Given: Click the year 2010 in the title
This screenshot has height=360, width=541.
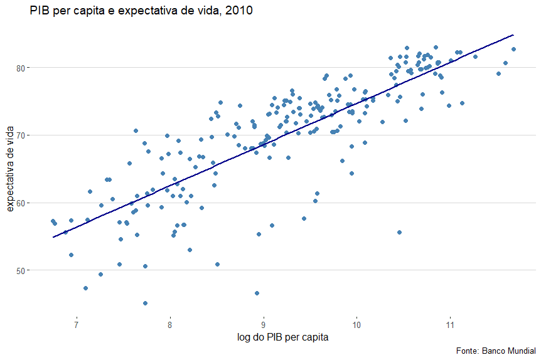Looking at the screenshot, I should [x=239, y=11].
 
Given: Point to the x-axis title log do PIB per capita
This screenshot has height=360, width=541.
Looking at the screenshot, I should [x=282, y=337].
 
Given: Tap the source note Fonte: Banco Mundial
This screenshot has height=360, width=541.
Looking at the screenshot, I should [x=495, y=350].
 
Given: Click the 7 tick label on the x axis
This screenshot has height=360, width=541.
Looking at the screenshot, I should [x=77, y=325].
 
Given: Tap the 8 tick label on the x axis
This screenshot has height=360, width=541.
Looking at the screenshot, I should [x=170, y=325].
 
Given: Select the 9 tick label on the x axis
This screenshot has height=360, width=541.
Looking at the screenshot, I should [x=264, y=325].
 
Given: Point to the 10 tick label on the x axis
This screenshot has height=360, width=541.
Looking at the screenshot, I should [x=356, y=325].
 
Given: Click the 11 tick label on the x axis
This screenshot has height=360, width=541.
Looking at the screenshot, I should [x=450, y=325].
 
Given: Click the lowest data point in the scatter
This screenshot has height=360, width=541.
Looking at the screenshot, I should [x=145, y=303].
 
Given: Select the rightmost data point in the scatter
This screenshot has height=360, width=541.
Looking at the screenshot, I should [x=513, y=49].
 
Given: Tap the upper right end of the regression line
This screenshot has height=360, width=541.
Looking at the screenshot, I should [x=513, y=35].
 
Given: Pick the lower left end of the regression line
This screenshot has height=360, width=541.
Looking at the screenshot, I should [x=54, y=237].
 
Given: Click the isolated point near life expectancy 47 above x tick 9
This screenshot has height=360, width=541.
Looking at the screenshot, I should [x=257, y=293].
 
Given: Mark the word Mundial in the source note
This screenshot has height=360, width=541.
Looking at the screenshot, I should [x=520, y=350].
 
